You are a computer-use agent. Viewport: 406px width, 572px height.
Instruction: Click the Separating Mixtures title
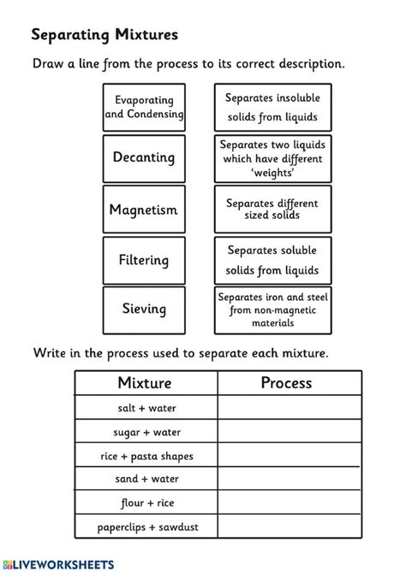pyautogui.click(x=104, y=34)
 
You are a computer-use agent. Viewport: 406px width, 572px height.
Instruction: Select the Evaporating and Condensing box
pyautogui.click(x=144, y=107)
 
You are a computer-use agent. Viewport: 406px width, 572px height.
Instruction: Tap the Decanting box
pyautogui.click(x=144, y=157)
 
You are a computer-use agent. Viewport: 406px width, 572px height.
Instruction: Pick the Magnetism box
pyautogui.click(x=144, y=209)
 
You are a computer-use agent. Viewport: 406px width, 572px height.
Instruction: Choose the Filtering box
pyautogui.click(x=144, y=260)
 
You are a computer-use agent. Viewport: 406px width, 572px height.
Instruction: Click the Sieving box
pyautogui.click(x=144, y=310)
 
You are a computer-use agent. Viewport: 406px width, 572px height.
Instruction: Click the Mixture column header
pyautogui.click(x=145, y=383)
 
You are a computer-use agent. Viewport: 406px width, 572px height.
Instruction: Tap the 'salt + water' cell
pyautogui.click(x=145, y=409)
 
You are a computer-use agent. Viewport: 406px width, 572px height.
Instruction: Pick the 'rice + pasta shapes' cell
pyautogui.click(x=145, y=456)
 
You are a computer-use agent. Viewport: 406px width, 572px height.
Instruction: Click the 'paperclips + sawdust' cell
pyautogui.click(x=145, y=527)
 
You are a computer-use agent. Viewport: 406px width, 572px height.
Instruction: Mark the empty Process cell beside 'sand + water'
pyautogui.click(x=289, y=480)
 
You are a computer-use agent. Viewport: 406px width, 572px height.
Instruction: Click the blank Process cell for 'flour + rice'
pyautogui.click(x=289, y=504)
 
